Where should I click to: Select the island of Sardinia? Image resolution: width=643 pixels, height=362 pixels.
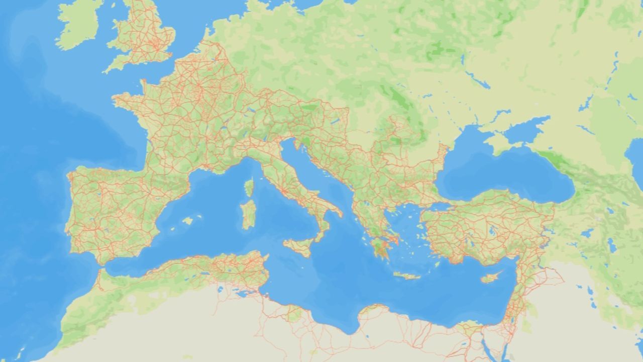248,214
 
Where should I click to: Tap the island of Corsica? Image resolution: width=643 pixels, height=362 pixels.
249,188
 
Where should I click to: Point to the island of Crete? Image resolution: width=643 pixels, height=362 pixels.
406,276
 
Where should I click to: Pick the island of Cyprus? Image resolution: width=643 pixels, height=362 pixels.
490,278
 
